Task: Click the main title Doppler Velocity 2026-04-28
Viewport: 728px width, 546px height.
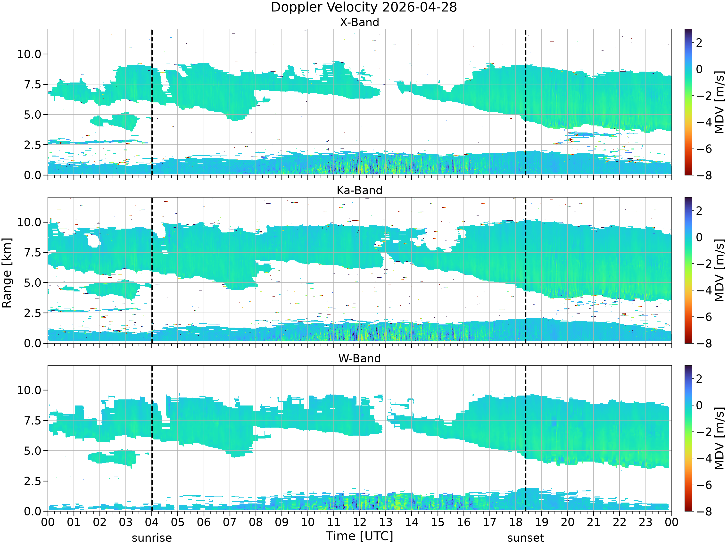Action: (364, 7)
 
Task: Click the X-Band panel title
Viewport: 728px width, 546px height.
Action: (359, 22)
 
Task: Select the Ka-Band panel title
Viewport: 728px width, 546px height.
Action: (359, 190)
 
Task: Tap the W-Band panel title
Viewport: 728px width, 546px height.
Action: (359, 358)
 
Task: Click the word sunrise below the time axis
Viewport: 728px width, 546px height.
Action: (152, 538)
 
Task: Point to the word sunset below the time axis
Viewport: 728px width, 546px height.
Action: (526, 538)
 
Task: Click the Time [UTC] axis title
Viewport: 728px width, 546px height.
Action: (359, 536)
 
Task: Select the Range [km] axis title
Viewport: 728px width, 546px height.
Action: (7, 273)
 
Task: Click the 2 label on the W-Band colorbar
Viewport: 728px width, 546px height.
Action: (699, 379)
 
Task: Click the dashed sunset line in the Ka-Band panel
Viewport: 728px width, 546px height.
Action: (526, 270)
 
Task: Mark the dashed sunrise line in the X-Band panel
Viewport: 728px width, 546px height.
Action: (152, 102)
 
